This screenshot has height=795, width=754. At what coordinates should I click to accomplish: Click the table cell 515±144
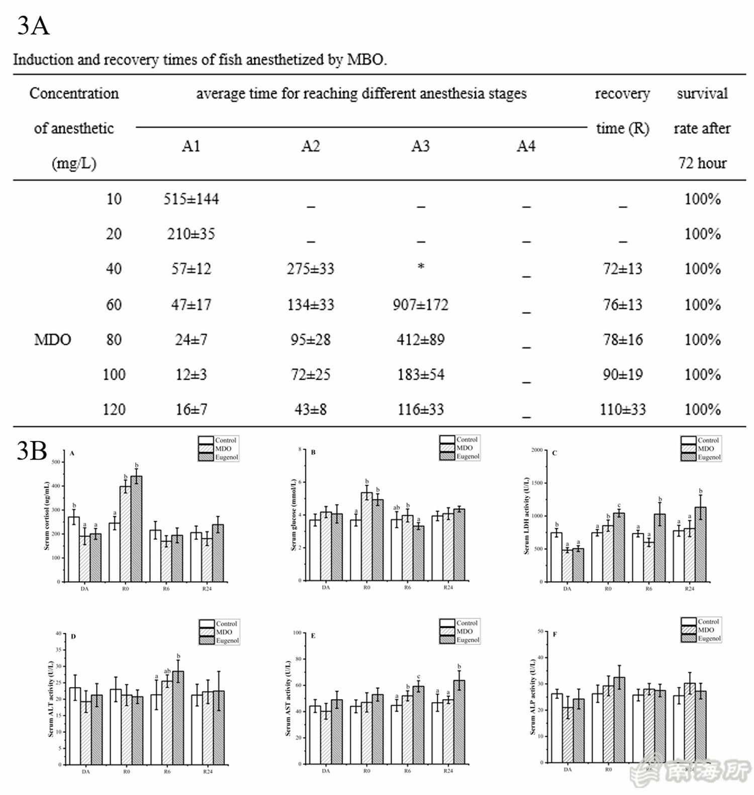[x=191, y=199]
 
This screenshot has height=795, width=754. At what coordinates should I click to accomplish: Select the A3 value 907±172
[x=420, y=305]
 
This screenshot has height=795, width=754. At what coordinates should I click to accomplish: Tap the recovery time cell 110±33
[x=622, y=410]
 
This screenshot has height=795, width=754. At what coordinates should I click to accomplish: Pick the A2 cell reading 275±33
[x=310, y=269]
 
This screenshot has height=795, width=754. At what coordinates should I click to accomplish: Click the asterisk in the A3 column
[x=421, y=267]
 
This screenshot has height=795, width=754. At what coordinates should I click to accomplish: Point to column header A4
[x=526, y=146]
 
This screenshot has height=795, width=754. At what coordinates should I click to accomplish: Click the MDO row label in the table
[x=52, y=340]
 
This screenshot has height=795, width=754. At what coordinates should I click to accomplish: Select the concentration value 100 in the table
[x=114, y=375]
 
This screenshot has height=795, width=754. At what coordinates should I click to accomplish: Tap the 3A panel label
[x=33, y=25]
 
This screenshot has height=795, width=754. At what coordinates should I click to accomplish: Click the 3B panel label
[x=31, y=450]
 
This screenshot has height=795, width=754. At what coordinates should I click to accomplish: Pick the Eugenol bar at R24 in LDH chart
[x=700, y=544]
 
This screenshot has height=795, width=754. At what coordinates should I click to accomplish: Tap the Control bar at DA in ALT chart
[x=75, y=726]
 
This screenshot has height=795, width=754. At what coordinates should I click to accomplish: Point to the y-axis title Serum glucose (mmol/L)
[x=294, y=515]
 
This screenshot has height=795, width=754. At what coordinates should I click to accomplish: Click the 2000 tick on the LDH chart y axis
[x=536, y=450]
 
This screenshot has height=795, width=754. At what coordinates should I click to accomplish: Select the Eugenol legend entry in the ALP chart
[x=709, y=639]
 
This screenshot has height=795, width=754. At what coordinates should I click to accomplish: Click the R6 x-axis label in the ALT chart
[x=167, y=771]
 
